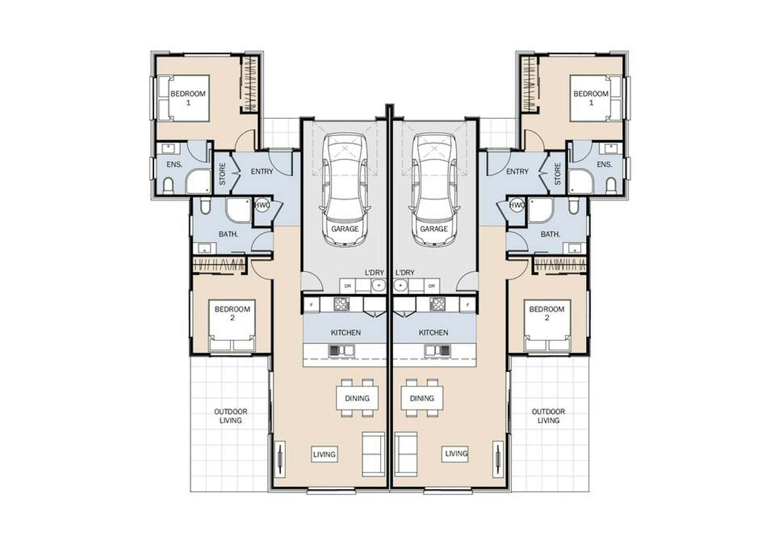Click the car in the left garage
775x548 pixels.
click(345, 190)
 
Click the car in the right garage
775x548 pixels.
click(435, 190)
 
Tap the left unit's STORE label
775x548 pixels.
click(222, 174)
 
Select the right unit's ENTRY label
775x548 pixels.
click(517, 172)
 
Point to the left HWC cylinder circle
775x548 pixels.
click(262, 205)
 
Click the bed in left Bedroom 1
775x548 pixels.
click(184, 98)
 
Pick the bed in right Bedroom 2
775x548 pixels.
click(547, 326)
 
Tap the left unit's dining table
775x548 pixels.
click(357, 398)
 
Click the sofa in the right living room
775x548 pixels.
click(406, 454)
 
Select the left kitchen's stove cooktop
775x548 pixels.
click(341, 304)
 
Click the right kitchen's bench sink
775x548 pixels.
click(438, 351)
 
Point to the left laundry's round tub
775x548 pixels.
click(379, 286)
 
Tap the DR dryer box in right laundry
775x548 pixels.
click(431, 286)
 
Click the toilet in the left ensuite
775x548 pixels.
click(168, 186)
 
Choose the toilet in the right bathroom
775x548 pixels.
click(573, 206)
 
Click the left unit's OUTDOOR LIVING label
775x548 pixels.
click(230, 416)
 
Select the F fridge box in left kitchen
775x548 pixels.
click(312, 305)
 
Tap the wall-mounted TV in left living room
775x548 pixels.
click(280, 459)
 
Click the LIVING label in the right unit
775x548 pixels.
click(456, 453)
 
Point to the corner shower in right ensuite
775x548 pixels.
click(581, 181)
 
